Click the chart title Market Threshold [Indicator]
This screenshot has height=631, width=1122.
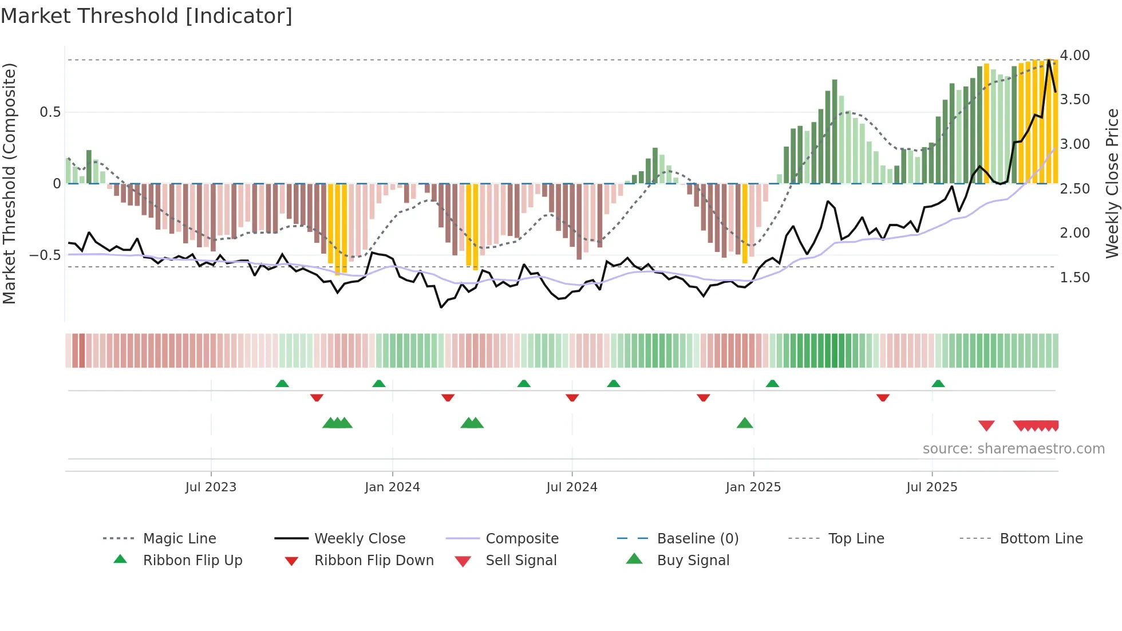coord(147,16)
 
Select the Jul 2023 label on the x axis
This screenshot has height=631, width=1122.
coord(211,487)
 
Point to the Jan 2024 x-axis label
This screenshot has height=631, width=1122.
coord(392,487)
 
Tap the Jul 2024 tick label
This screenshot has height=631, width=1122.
coord(572,487)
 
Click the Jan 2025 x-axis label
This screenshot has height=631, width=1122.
coord(753,487)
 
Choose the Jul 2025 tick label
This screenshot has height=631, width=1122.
coord(932,487)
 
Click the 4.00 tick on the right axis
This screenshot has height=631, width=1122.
coord(1074,56)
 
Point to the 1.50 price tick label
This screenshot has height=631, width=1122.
coord(1074,278)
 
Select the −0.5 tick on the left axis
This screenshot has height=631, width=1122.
coord(45,255)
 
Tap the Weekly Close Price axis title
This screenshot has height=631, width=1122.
coord(1112,183)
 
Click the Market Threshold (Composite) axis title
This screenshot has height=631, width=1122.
coord(10,183)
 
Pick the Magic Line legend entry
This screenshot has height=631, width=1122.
coord(179,539)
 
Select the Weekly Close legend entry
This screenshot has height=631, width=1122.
coord(359,539)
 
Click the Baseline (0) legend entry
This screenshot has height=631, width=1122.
coord(697,539)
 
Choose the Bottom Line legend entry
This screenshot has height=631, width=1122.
coord(1041,539)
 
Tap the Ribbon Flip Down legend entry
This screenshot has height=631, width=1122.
coord(374,561)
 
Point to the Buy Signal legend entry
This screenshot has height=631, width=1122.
coord(693,561)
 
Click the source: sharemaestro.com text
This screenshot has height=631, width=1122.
coord(1013,449)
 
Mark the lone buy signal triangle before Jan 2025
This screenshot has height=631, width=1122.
coord(745,423)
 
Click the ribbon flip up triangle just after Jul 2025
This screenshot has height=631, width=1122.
coord(938,384)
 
